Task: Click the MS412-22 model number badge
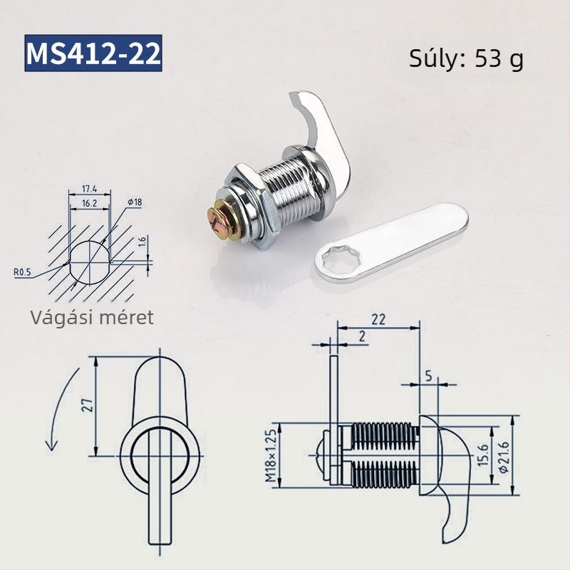[93, 53]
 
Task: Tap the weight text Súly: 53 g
[466, 59]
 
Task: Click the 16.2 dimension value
[90, 203]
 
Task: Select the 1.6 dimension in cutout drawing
[142, 242]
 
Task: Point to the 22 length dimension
[378, 320]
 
